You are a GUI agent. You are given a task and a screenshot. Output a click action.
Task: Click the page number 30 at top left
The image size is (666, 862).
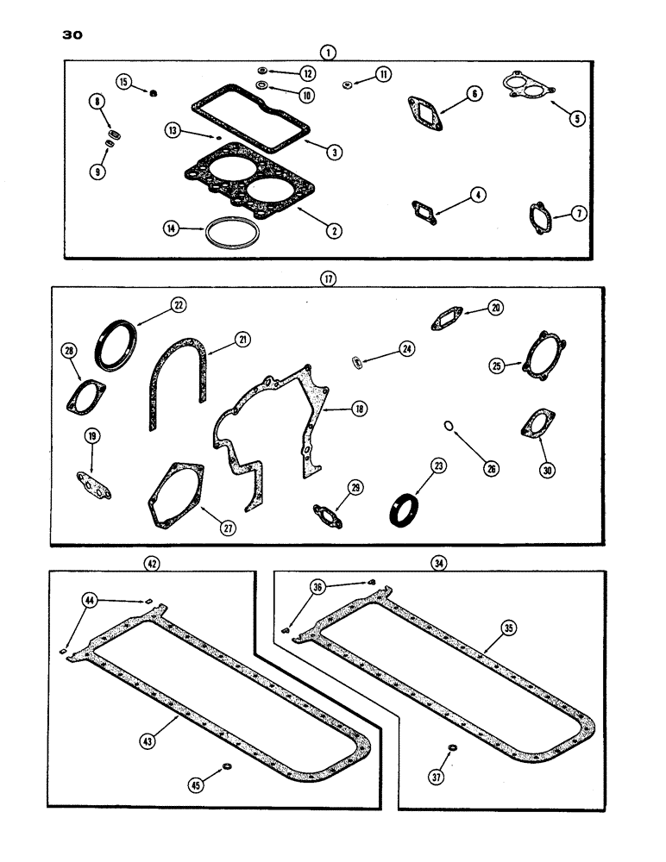click(71, 35)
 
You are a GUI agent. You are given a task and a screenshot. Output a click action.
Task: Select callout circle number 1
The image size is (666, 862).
click(327, 52)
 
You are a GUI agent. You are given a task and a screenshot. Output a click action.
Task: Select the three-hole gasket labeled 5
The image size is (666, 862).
click(527, 89)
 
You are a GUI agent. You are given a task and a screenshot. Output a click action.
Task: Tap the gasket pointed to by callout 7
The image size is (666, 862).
click(542, 214)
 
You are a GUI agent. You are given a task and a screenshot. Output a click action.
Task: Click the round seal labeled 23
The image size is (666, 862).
click(403, 510)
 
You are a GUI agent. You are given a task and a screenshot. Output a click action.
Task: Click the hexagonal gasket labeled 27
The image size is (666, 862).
click(174, 497)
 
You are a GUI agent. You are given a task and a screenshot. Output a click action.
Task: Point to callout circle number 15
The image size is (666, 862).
click(123, 82)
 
